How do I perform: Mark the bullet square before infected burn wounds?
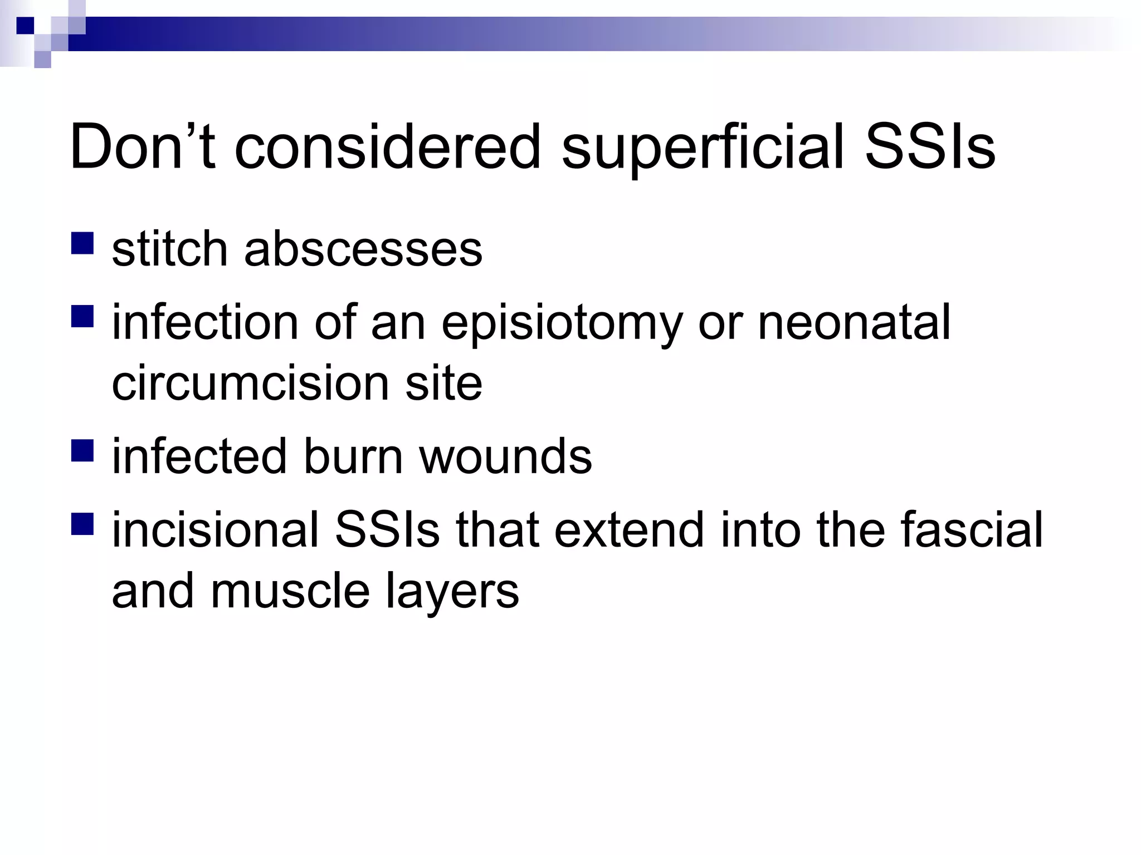point(82,450)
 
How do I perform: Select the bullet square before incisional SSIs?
point(82,524)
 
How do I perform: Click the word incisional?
point(215,529)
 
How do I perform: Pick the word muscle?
point(290,591)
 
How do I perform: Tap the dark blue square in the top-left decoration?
point(26,26)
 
